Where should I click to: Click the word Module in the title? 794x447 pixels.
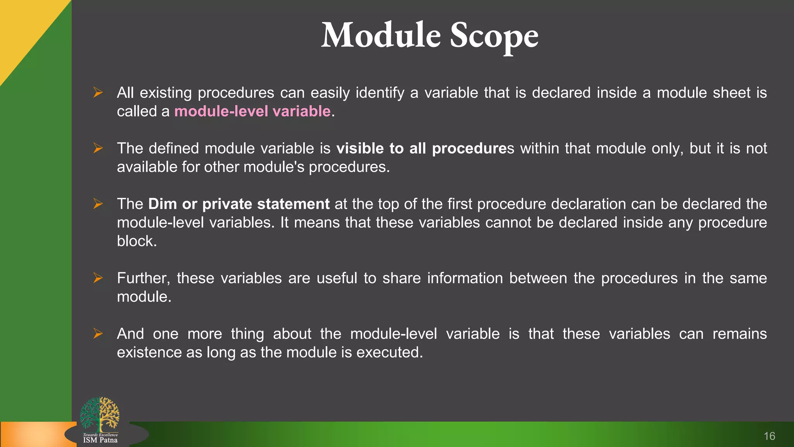(381, 36)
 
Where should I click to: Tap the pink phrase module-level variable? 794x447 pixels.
(252, 111)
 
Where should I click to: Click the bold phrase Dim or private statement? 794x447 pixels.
(239, 204)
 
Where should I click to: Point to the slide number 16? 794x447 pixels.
(769, 436)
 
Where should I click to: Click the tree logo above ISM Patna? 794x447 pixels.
(100, 414)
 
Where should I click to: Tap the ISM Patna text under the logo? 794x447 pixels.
(100, 440)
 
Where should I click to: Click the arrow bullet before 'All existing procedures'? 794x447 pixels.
(98, 92)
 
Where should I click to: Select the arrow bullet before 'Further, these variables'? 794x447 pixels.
(98, 278)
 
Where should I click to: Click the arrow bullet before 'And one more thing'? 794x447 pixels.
(98, 333)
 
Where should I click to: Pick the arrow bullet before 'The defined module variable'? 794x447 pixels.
(98, 148)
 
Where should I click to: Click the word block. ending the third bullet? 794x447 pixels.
(136, 241)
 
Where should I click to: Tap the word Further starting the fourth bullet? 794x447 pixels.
(143, 279)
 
